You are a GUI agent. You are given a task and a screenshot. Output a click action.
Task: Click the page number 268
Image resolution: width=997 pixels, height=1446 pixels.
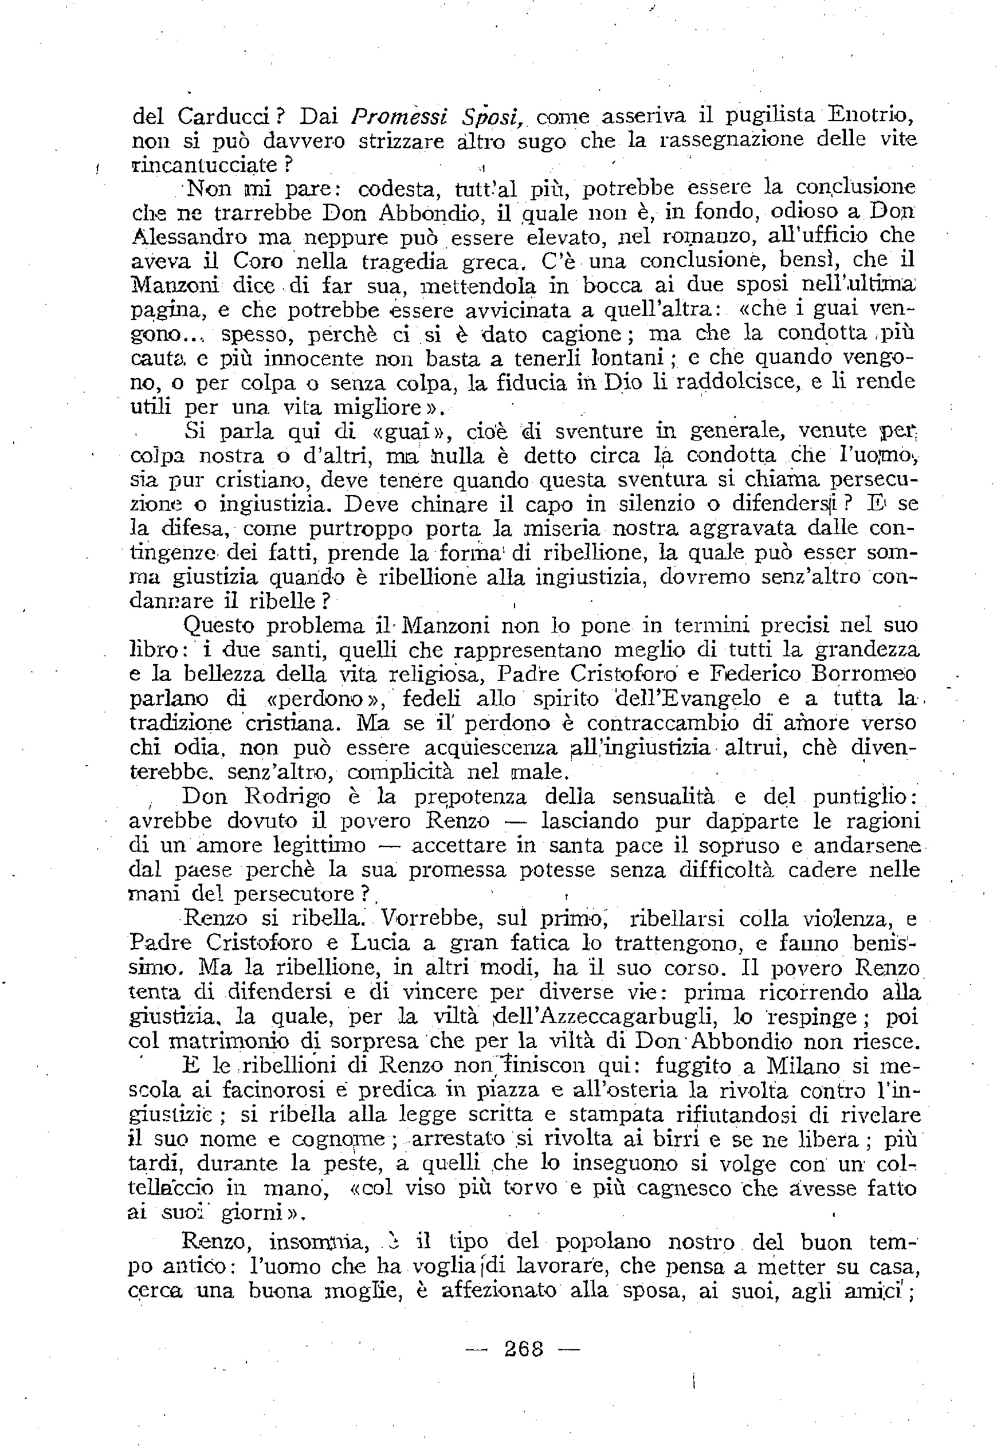click(x=524, y=1349)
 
